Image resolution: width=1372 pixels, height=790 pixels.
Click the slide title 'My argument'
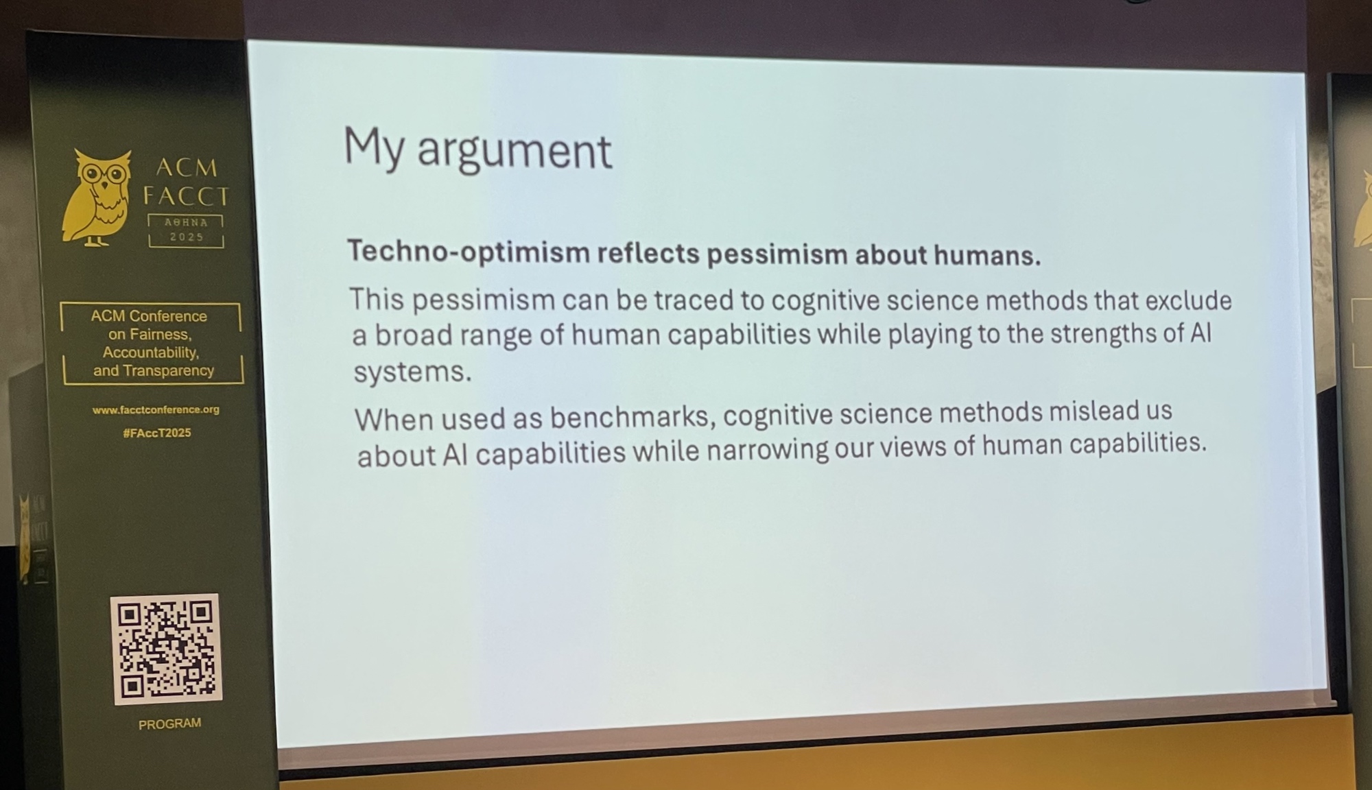(x=477, y=149)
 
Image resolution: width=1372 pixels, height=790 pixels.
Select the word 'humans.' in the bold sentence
(x=987, y=255)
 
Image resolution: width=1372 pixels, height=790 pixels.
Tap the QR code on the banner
(x=166, y=648)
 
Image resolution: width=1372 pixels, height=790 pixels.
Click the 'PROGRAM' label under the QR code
(x=169, y=723)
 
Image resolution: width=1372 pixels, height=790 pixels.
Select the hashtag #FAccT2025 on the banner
(x=157, y=433)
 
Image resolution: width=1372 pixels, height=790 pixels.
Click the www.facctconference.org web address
(x=156, y=409)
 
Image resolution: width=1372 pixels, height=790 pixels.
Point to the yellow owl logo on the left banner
(x=97, y=197)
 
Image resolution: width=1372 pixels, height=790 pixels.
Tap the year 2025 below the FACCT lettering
(x=187, y=237)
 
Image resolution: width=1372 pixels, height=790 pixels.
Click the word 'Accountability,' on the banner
(x=151, y=352)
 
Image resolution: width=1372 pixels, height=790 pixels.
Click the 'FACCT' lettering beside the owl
(x=185, y=197)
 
